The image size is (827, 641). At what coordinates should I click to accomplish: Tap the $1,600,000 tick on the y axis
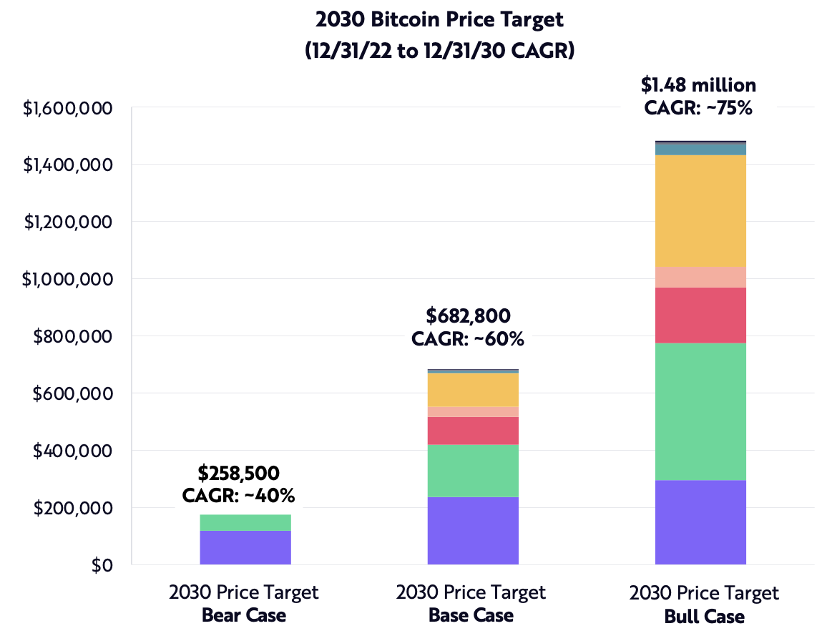coord(67,108)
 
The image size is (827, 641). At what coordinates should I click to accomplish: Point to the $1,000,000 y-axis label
coord(67,279)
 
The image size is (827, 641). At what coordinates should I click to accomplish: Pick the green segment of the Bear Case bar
coord(245,522)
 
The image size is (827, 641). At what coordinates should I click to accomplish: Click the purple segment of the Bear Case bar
coord(245,547)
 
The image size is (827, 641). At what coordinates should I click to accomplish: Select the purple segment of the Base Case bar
coord(473,530)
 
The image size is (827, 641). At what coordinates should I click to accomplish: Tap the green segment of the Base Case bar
coord(473,470)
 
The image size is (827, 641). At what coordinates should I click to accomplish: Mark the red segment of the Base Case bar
coord(473,431)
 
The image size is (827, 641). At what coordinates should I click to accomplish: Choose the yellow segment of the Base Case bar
coord(473,390)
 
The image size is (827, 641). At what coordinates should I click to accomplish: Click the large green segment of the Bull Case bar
coord(700,411)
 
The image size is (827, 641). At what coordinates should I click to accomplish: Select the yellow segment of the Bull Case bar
coord(700,211)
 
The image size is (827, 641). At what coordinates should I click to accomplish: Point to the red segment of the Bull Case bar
coord(700,315)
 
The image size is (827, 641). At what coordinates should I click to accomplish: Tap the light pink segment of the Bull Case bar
coord(700,277)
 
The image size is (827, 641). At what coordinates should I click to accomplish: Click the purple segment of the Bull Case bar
coord(700,522)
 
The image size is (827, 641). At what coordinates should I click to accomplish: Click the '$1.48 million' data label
coord(698,85)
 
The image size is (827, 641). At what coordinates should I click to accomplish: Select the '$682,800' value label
coord(468,315)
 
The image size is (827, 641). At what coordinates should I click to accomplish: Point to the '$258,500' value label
coord(238,473)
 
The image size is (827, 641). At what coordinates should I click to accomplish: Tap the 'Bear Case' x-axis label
coord(243,615)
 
